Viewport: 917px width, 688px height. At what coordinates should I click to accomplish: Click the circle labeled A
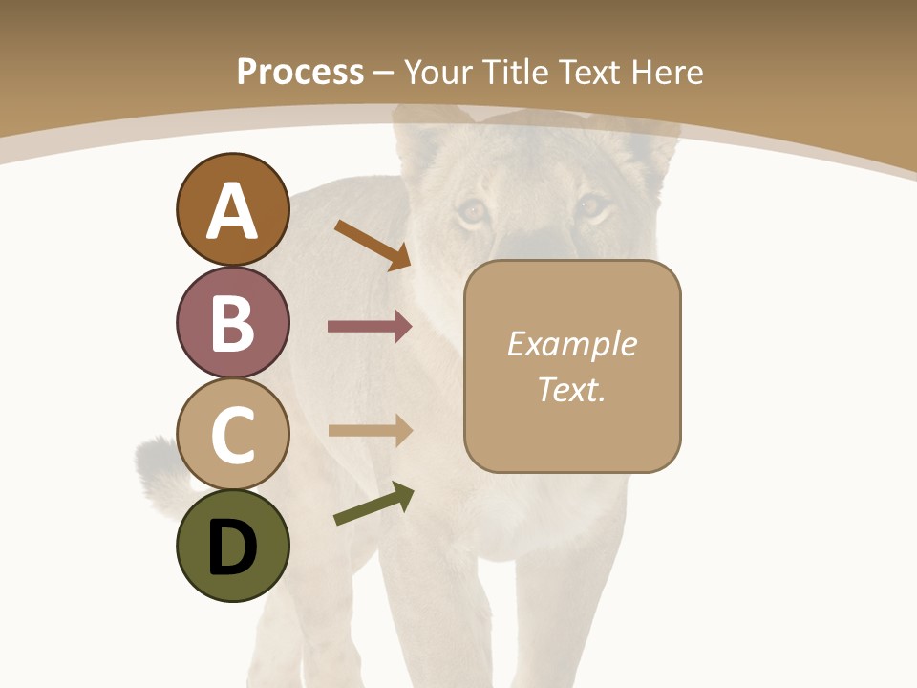(232, 209)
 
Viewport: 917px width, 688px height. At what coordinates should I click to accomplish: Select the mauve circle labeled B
(232, 322)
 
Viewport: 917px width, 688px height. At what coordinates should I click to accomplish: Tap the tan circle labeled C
(232, 434)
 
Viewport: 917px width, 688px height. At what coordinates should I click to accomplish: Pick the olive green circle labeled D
(232, 546)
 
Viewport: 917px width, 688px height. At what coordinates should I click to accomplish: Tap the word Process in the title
(300, 72)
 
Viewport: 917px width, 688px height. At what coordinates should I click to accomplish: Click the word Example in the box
(571, 344)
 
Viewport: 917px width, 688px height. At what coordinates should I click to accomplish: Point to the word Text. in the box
(571, 389)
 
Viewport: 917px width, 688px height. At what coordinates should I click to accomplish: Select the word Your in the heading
(438, 72)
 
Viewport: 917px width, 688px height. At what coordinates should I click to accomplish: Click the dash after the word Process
(384, 73)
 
